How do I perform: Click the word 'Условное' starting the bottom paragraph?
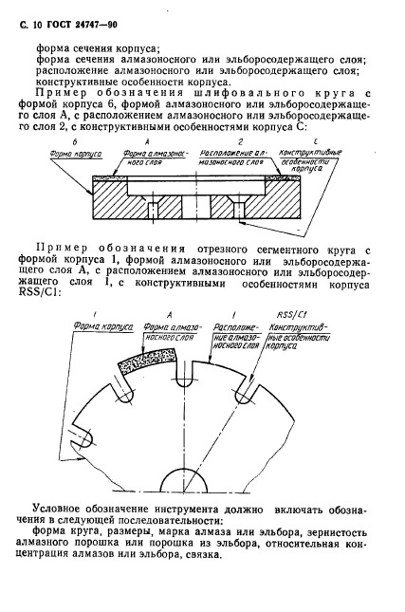click(61, 509)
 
